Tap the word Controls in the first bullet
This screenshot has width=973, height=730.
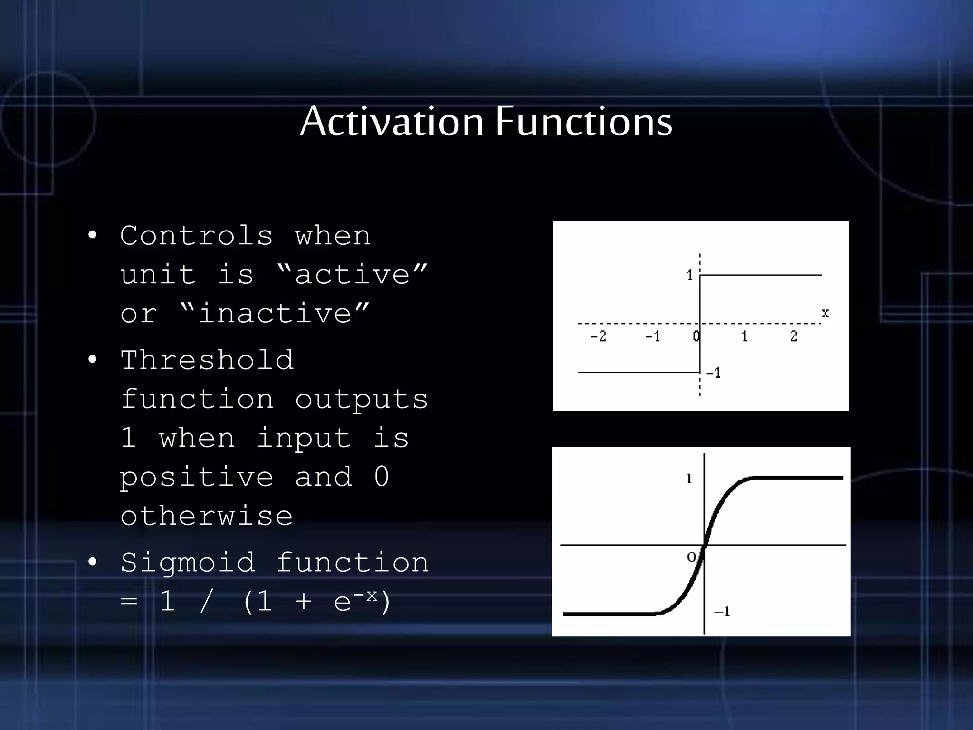197,236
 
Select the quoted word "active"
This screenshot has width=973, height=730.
352,275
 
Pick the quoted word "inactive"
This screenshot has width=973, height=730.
275,314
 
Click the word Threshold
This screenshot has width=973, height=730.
207,360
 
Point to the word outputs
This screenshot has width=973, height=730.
361,399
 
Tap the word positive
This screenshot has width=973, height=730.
197,477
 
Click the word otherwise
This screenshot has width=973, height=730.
206,516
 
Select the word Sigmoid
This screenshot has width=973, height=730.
188,563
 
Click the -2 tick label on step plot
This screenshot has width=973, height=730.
598,336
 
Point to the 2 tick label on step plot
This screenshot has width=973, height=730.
793,336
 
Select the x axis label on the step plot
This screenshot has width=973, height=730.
825,313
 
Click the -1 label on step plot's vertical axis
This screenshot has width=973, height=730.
713,373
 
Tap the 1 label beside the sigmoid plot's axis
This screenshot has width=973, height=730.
689,479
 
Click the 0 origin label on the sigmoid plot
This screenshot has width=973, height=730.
692,557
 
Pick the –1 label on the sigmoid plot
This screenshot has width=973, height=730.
722,612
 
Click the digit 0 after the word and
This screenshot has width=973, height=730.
381,477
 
